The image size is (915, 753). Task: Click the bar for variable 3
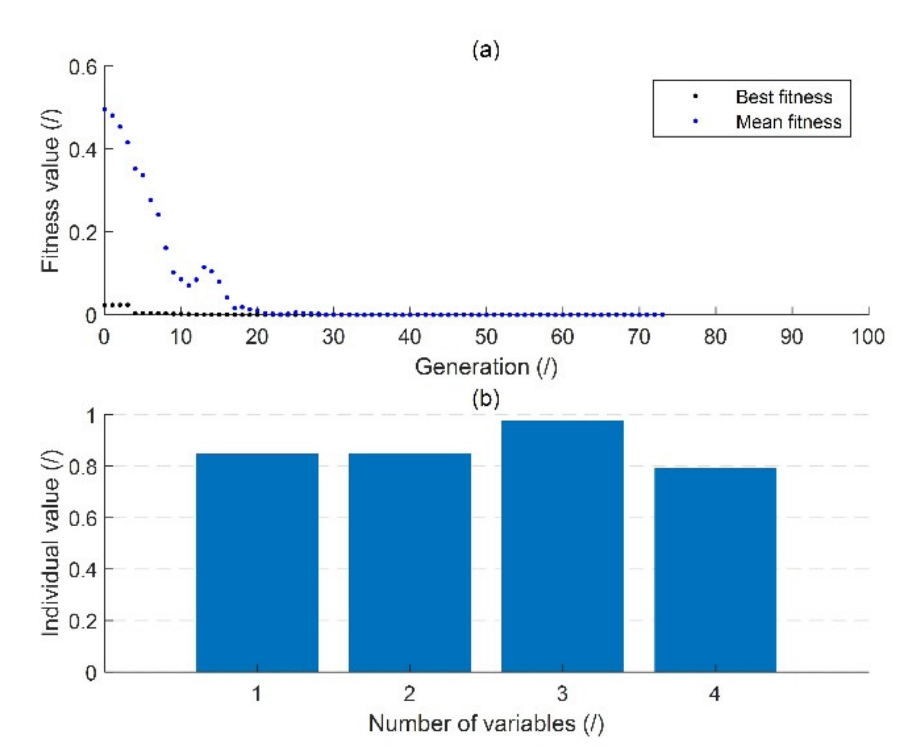coord(562,546)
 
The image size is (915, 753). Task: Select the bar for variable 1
coord(257,562)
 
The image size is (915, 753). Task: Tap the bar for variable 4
coord(715,570)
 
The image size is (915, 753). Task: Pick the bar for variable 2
coord(410,562)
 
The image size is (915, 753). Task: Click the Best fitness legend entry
coord(783,97)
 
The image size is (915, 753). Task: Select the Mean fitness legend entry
coord(788,122)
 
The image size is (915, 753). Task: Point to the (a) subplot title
coord(486,50)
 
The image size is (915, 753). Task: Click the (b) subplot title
coord(486,398)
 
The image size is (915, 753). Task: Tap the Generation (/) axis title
coord(486,367)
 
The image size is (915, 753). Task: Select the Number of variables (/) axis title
coord(486,724)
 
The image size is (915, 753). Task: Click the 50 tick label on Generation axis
coord(486,337)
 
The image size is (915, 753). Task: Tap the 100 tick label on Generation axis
coord(867,337)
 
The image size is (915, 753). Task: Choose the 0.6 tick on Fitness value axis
coord(82,67)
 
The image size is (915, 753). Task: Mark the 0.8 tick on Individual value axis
coord(82,466)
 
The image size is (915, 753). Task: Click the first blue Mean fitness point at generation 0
coord(105,110)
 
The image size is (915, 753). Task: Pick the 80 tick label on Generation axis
coord(715,337)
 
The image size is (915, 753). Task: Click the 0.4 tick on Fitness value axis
coord(82,150)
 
